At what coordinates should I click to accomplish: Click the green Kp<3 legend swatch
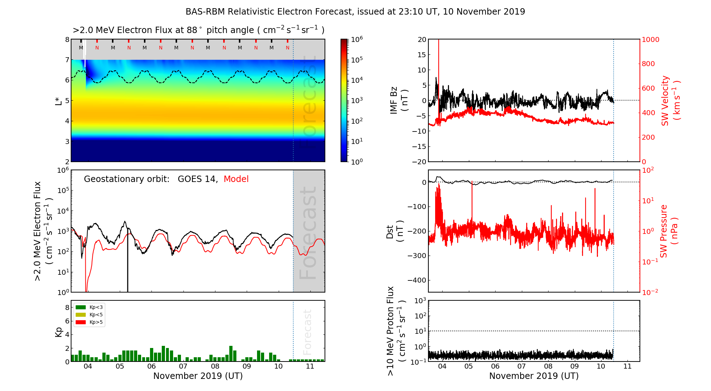81,307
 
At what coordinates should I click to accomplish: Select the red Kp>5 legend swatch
81,322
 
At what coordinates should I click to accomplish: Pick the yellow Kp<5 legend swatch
81,315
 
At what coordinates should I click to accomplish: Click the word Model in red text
236,179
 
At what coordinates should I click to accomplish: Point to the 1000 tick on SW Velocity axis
650,39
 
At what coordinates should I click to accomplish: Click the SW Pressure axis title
669,231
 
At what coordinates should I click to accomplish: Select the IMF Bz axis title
399,101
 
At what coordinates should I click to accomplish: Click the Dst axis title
394,231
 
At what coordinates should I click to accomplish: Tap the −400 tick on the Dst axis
417,280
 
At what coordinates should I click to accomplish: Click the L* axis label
59,101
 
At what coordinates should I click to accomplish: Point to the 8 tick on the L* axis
67,39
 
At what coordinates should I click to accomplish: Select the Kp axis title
59,332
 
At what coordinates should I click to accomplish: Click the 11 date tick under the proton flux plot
627,366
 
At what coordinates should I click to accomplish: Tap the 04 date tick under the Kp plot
87,366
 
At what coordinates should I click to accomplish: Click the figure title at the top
355,12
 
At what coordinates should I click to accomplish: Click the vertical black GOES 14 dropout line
128,263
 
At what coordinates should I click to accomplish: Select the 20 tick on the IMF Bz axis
422,39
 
